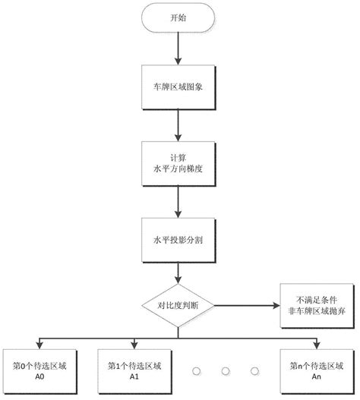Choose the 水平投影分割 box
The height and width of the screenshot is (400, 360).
click(178, 238)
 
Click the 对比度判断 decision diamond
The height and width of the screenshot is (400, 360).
click(178, 305)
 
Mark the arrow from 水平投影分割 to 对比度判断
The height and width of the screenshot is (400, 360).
click(178, 272)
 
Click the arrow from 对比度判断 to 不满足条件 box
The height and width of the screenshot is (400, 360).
click(244, 305)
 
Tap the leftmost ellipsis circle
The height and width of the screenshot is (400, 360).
click(195, 371)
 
